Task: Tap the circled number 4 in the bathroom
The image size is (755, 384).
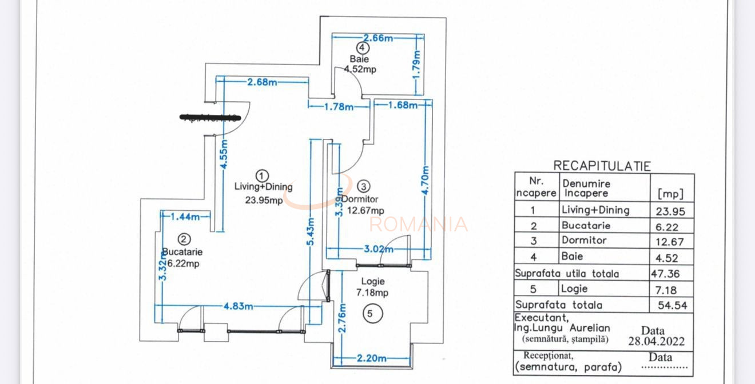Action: coord(362,47)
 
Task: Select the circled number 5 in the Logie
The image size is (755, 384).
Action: coord(370,313)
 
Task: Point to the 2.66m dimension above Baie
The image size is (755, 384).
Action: coord(378,38)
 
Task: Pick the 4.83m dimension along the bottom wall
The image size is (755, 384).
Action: coord(238,306)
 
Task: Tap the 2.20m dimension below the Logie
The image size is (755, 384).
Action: coord(371,358)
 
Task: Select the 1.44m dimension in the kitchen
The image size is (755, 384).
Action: coord(185,217)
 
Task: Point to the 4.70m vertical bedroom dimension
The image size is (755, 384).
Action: coord(426,180)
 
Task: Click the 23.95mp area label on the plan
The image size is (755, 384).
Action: coord(264,200)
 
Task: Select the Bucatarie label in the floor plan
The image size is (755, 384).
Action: coord(182,251)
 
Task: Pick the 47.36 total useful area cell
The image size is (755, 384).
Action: coord(665,274)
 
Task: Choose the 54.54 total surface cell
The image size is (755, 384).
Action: coord(672,305)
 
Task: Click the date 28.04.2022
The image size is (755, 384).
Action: coord(656,342)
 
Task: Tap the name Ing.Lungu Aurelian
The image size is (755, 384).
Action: coord(562,328)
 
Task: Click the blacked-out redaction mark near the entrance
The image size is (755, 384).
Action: coord(210,118)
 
